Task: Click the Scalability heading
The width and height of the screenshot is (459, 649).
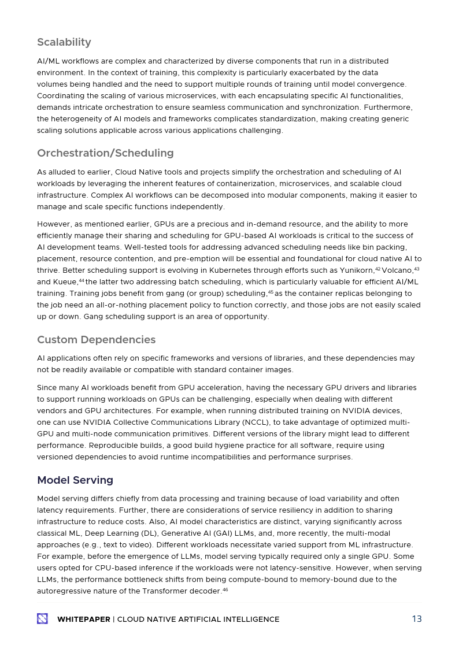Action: click(64, 42)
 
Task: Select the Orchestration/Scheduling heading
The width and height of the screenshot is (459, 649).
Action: click(105, 153)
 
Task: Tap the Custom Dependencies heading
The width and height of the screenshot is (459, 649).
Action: click(97, 340)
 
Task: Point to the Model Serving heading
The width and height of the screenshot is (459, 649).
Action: click(75, 480)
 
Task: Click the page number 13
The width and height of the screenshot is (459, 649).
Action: click(416, 619)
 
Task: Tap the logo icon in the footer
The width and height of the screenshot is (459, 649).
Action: click(42, 619)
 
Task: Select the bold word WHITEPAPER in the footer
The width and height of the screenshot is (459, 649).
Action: click(83, 620)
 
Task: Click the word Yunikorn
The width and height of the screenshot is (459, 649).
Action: click(357, 270)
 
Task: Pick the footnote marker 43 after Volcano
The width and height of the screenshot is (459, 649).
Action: click(417, 269)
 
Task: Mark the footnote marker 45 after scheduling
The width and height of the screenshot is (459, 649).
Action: click(271, 292)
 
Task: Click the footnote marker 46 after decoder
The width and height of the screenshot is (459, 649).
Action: click(225, 589)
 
